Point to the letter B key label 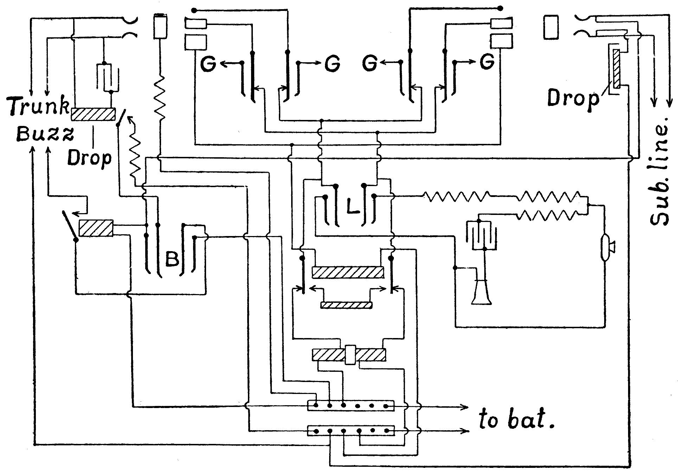click(x=172, y=259)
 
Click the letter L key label click(x=352, y=208)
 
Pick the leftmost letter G click(x=209, y=64)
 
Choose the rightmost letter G click(x=487, y=63)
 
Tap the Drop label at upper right click(x=573, y=99)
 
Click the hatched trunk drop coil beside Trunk click(x=93, y=114)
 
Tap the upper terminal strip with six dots click(x=351, y=405)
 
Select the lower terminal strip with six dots click(x=351, y=431)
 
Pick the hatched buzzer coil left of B click(x=96, y=228)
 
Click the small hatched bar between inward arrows click(x=346, y=305)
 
